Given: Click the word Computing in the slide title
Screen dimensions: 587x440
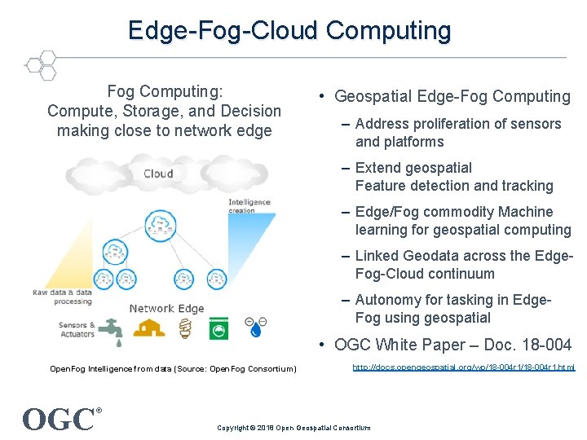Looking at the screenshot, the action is tap(388, 30).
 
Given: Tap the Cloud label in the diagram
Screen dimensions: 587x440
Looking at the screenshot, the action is tap(158, 174).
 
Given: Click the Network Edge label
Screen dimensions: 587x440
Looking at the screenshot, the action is tap(166, 308).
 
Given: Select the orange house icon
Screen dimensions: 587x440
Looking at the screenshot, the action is tap(149, 328).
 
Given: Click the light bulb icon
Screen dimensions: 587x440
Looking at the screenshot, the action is tap(185, 328).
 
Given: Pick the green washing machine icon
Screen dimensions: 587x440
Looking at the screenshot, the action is tap(218, 328).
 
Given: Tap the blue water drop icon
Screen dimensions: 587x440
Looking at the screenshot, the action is tap(256, 331).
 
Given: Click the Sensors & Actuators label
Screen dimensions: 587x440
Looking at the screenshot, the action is tap(77, 329).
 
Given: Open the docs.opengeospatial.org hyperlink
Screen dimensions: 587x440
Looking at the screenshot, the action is tap(463, 368).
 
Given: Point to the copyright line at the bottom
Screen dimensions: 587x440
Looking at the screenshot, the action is tap(293, 428).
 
